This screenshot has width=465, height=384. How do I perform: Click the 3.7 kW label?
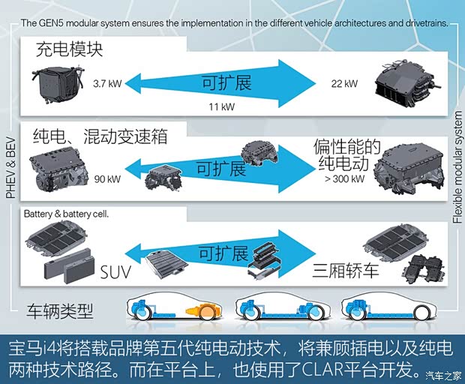(107, 83)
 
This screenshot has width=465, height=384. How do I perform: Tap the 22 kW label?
(344, 83)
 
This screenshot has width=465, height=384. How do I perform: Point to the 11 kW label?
(221, 106)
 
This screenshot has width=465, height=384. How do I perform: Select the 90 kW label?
(107, 179)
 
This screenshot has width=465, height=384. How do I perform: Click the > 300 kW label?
(344, 178)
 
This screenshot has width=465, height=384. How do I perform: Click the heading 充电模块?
(70, 49)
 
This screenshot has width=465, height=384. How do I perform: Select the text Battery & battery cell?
(66, 214)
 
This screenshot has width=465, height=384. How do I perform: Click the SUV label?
(115, 272)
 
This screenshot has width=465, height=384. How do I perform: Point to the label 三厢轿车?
(346, 271)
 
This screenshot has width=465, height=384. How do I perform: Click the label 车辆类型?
(60, 311)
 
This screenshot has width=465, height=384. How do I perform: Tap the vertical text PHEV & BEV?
(11, 167)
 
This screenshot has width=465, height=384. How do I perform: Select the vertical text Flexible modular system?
(457, 167)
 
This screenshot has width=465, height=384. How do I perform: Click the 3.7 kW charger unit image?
(58, 83)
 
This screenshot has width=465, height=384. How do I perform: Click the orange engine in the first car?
(203, 312)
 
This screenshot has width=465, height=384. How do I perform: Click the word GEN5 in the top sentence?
(51, 22)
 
